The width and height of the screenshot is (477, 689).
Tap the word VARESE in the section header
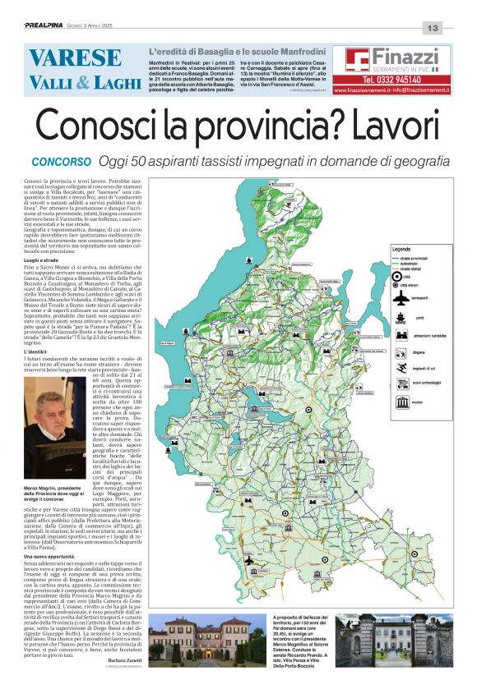pyautogui.click(x=74, y=58)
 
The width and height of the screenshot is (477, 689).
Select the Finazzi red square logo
pyautogui.click(x=357, y=60)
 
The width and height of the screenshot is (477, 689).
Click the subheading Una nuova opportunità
pyautogui.click(x=58, y=557)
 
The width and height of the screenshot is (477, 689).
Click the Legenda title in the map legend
pyautogui.click(x=401, y=249)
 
